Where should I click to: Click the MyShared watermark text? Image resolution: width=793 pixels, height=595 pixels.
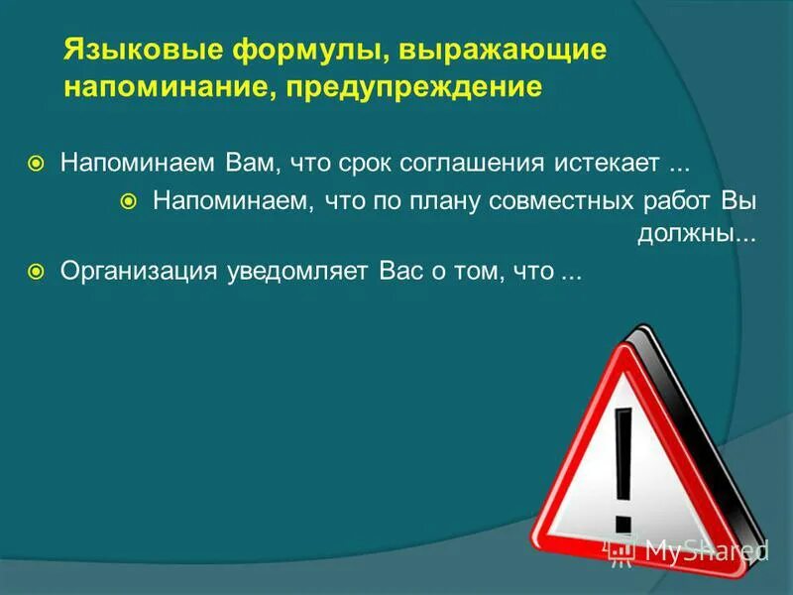pos(706,548)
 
